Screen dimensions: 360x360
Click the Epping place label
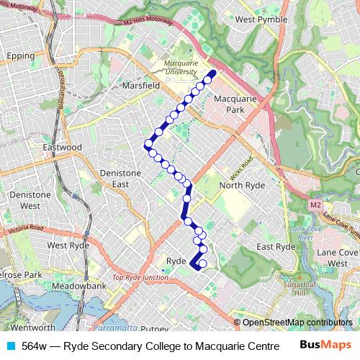point(20,55)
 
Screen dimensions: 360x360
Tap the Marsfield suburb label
point(140,85)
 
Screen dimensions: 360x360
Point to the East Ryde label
point(276,246)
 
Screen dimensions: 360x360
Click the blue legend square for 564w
point(9,346)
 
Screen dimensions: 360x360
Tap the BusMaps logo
point(325,346)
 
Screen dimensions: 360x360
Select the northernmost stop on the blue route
point(212,73)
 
